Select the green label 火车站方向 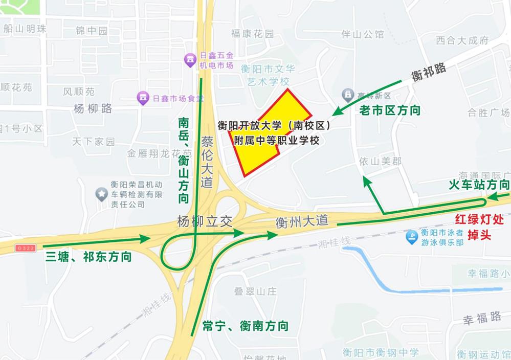coord(479,185)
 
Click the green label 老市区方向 coord(390,109)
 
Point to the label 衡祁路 coord(429,72)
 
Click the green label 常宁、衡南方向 coord(245,326)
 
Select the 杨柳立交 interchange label coord(205,221)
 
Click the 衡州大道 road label coord(301,221)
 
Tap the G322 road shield coord(25,248)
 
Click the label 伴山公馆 coord(363,34)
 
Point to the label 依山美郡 coord(380,161)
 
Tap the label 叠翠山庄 coord(255,291)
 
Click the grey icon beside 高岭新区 coord(348,95)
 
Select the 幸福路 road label coord(482,318)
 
